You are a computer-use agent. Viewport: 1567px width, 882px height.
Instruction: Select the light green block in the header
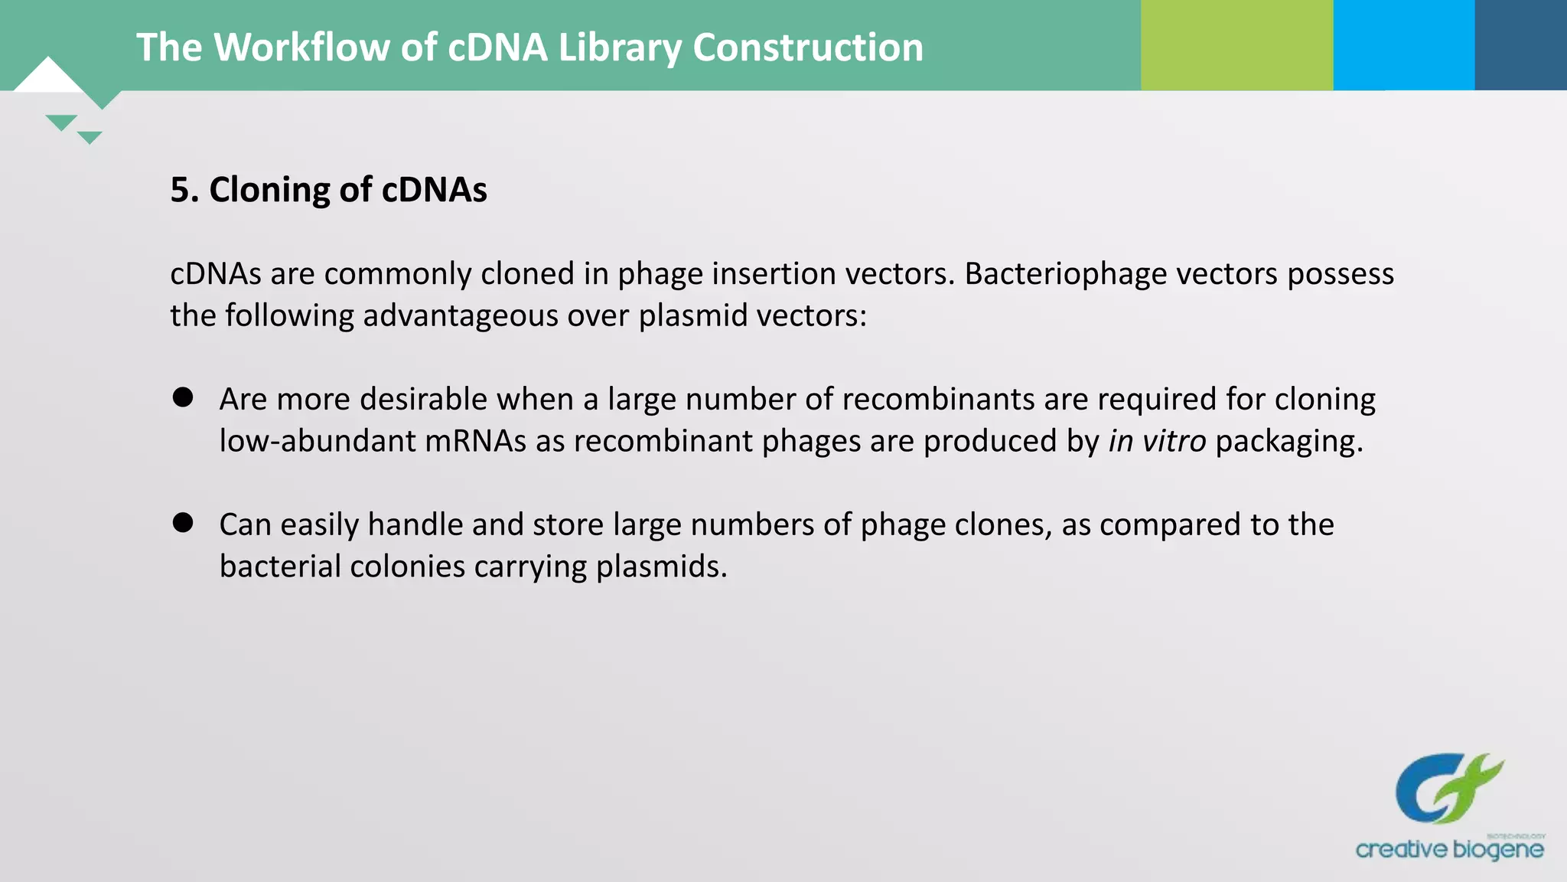1236,45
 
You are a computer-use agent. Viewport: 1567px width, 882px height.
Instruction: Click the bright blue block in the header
1403,45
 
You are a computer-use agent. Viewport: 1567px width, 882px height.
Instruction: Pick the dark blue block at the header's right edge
1520,45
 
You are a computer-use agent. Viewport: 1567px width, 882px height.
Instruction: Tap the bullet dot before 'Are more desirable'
183,397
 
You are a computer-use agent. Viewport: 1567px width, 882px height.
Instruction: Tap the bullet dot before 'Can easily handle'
183,523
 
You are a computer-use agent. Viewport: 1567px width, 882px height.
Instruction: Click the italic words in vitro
1157,441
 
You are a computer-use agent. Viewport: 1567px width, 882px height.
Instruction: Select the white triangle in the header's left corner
47,77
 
